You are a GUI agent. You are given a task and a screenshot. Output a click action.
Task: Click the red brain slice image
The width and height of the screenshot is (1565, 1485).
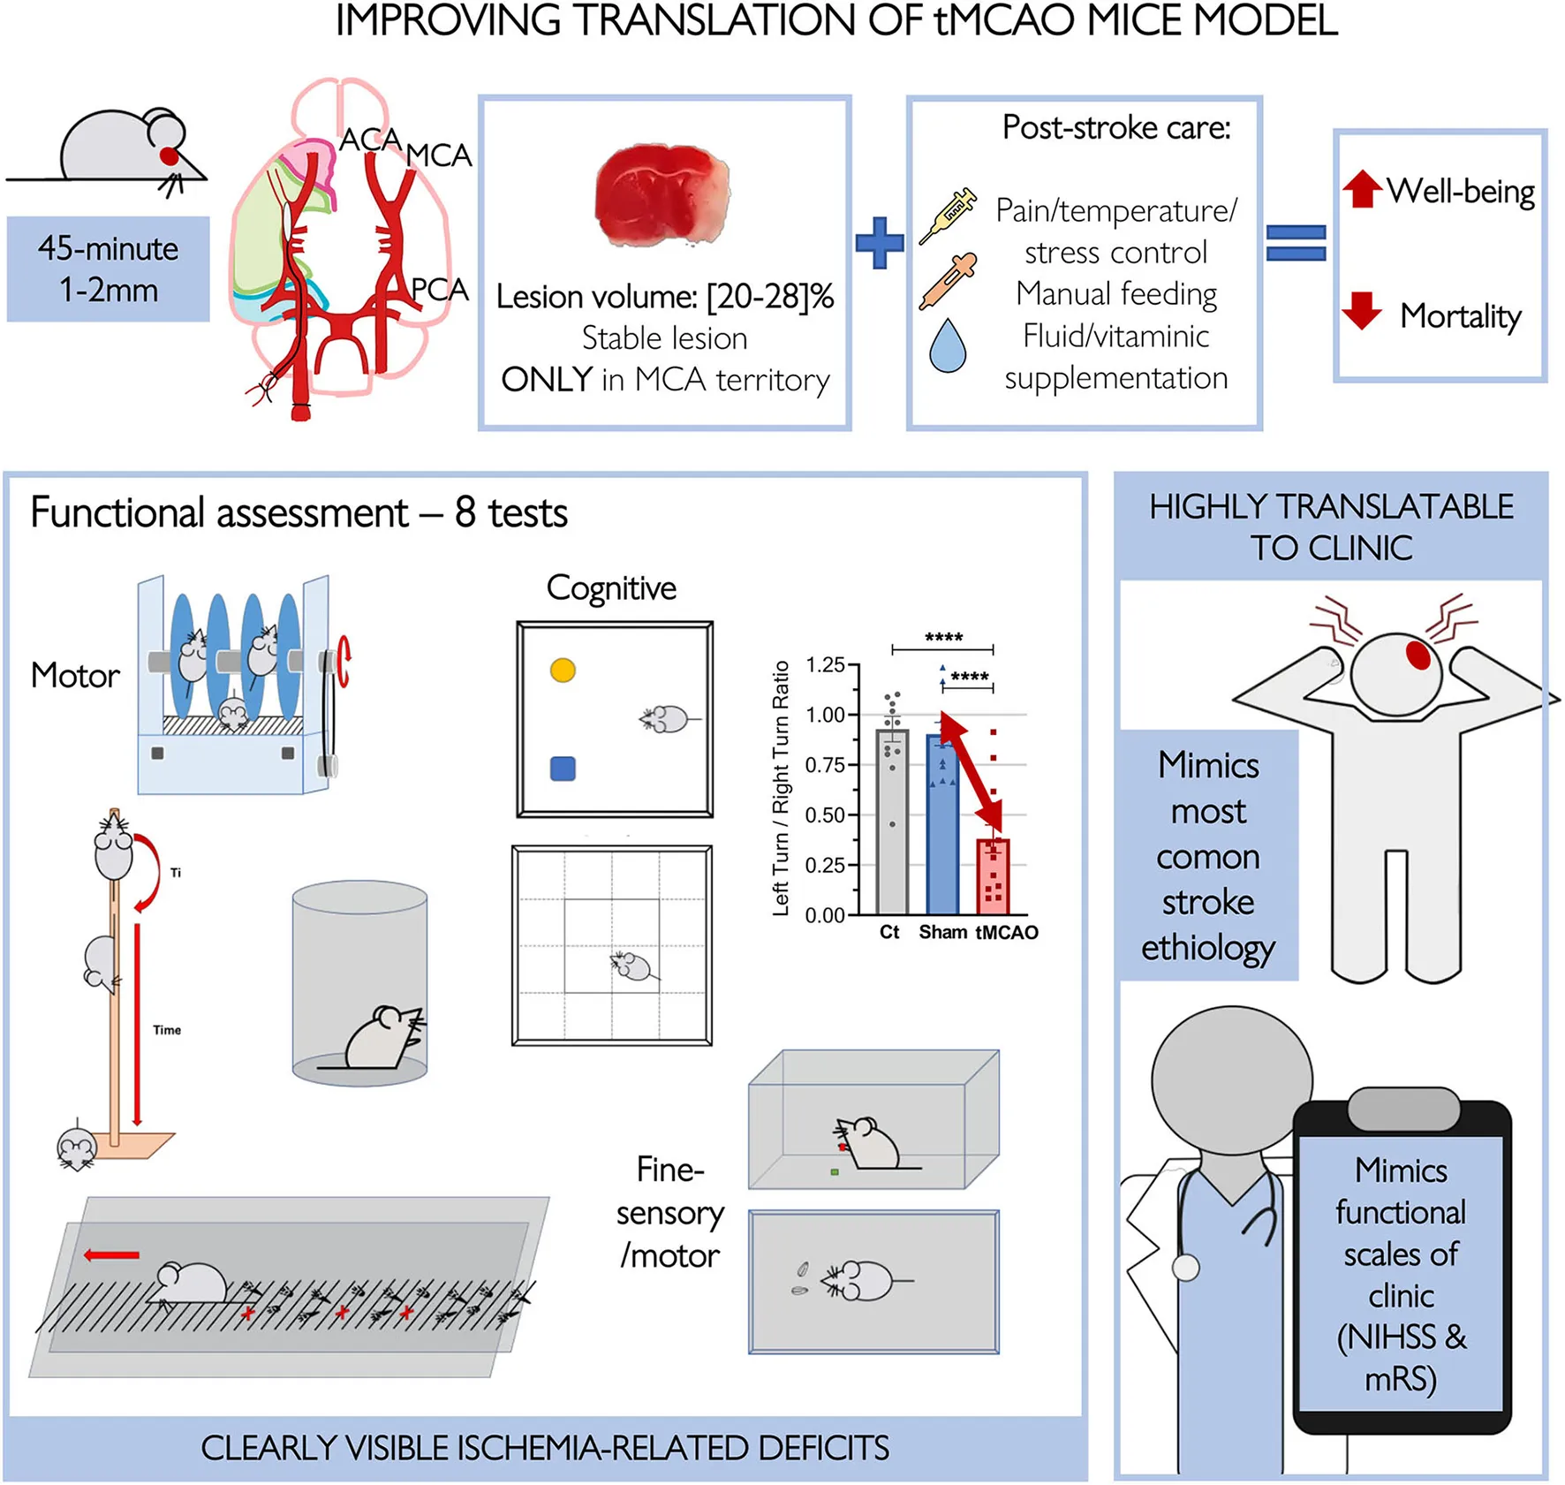[x=663, y=196]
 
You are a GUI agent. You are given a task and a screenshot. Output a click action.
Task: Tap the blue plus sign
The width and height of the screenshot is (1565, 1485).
[x=880, y=242]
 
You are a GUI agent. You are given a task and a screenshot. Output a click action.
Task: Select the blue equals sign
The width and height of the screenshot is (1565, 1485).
[x=1296, y=243]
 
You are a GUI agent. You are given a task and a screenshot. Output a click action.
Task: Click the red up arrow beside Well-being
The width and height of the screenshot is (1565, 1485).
[x=1362, y=188]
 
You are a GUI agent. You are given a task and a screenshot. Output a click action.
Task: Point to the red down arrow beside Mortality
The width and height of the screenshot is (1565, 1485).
[x=1362, y=310]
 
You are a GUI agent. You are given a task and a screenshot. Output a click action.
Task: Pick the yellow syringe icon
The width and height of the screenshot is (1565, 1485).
[x=948, y=215]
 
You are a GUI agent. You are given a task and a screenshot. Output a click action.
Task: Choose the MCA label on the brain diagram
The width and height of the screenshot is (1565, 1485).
[x=439, y=156]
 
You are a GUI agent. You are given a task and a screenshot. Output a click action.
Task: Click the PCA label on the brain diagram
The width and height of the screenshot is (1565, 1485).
[x=440, y=290]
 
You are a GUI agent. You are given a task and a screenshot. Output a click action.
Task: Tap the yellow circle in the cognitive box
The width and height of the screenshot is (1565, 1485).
[x=563, y=671]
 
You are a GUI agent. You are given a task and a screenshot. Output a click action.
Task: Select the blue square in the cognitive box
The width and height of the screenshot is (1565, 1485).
[x=563, y=769]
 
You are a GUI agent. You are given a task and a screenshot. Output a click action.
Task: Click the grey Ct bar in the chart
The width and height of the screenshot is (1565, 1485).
[x=892, y=822]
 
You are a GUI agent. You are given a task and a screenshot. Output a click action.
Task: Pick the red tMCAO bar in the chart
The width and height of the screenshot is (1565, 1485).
[x=994, y=876]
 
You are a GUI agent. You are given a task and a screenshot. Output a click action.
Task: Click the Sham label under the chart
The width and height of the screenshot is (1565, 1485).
[x=942, y=933]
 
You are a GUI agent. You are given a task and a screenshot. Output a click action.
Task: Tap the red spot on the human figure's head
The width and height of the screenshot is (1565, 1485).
[x=1418, y=655]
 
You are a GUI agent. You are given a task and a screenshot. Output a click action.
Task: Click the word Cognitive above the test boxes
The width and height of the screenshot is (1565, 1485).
[x=611, y=588]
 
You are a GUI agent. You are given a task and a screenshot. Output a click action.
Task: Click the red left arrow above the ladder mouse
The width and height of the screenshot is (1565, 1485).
[x=111, y=1255]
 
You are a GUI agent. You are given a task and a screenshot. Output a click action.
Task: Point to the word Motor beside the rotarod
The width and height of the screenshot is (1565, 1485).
[x=75, y=676]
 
